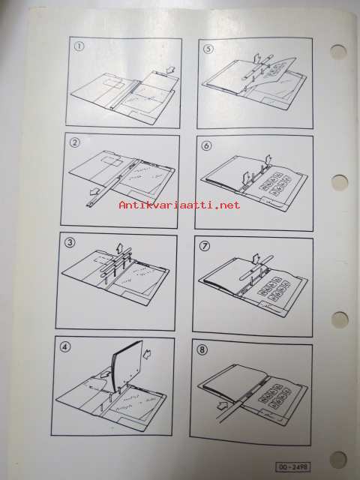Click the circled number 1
(x=79, y=46)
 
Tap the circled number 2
(x=75, y=142)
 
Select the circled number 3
(x=70, y=242)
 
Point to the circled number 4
(x=65, y=346)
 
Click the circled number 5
(x=208, y=49)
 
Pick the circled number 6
(x=206, y=145)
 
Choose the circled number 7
(x=205, y=245)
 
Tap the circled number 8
(x=202, y=349)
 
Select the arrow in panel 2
(x=96, y=192)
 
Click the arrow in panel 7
(x=255, y=259)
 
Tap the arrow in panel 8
(x=223, y=406)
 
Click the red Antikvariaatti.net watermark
(x=180, y=205)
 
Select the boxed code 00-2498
(x=293, y=466)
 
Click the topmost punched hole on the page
(x=338, y=52)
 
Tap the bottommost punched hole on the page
(x=338, y=460)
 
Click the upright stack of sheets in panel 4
(x=127, y=365)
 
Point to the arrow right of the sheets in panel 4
(x=148, y=353)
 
